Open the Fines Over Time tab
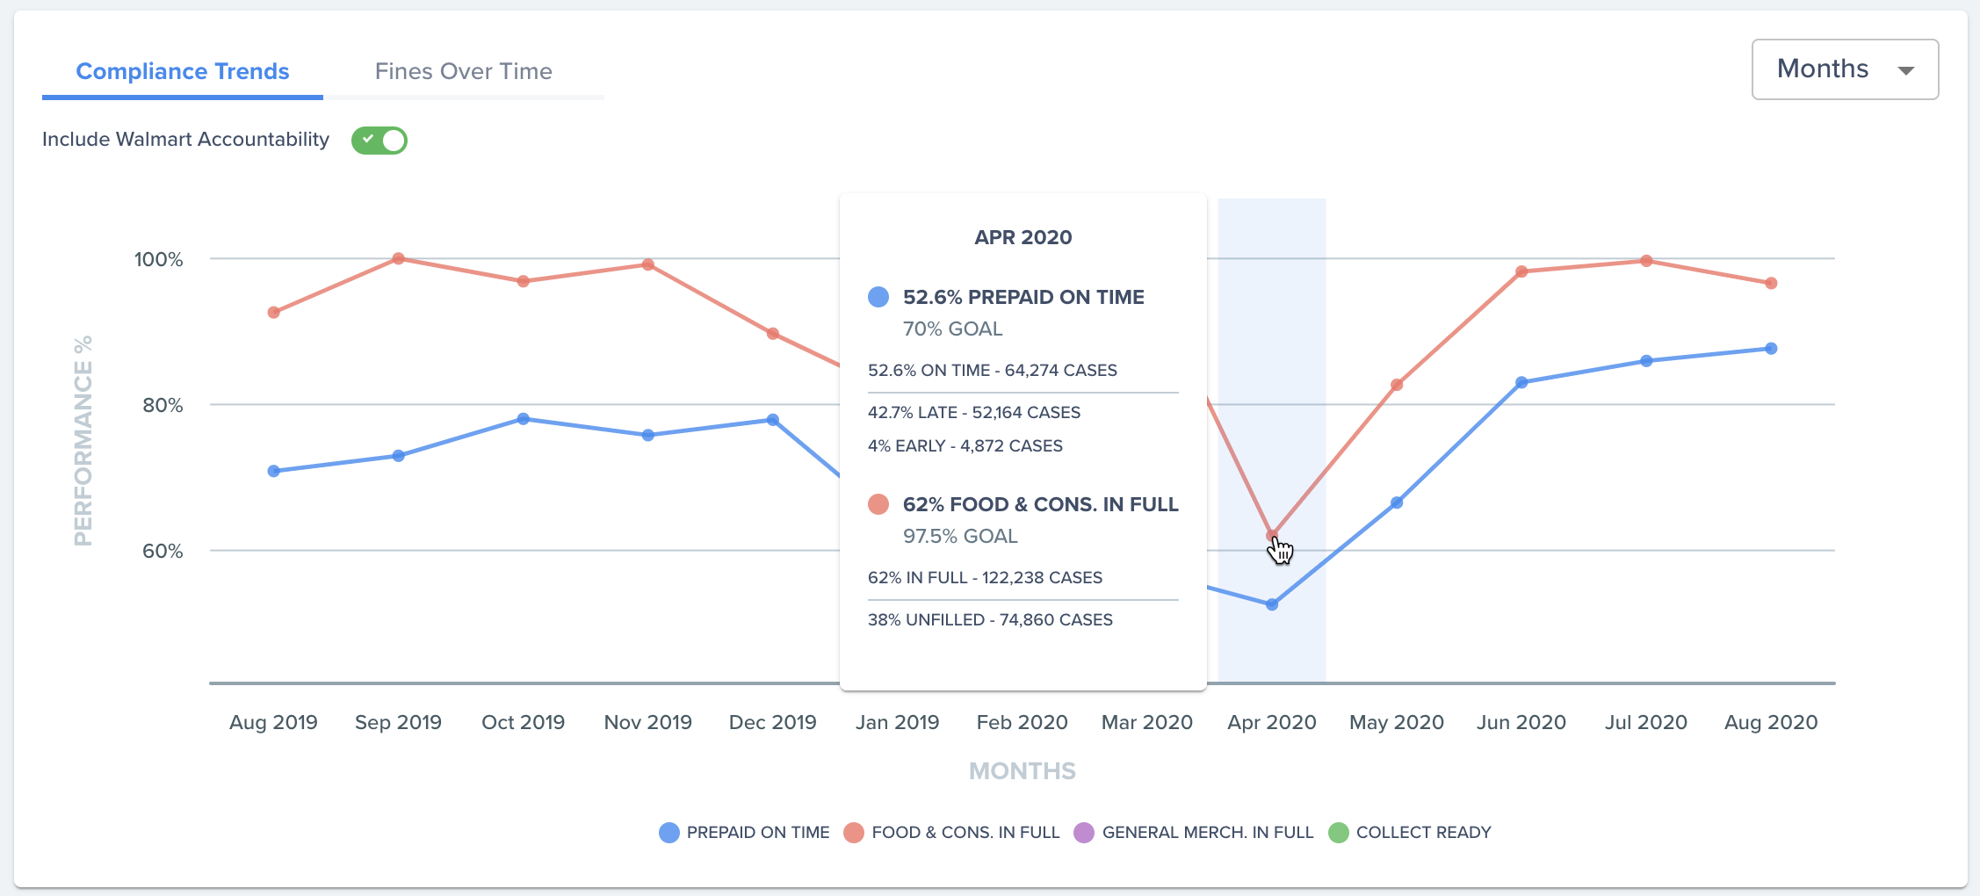click(463, 71)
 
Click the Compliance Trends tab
click(183, 71)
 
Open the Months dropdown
click(1845, 69)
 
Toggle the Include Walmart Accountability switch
click(379, 141)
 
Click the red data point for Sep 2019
click(399, 259)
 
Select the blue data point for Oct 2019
click(524, 419)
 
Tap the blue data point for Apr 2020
click(1272, 604)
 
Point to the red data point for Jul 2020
click(1646, 261)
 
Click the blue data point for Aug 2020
click(1771, 349)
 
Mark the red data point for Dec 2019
click(773, 334)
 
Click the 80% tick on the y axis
click(163, 405)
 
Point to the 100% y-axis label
click(158, 259)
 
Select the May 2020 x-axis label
click(1397, 722)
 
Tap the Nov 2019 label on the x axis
click(648, 722)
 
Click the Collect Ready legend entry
click(1410, 833)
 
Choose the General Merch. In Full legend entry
click(1194, 833)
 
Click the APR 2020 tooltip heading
click(1023, 237)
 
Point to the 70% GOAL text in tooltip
click(952, 329)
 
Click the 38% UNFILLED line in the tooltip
click(990, 620)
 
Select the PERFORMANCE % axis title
click(83, 441)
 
